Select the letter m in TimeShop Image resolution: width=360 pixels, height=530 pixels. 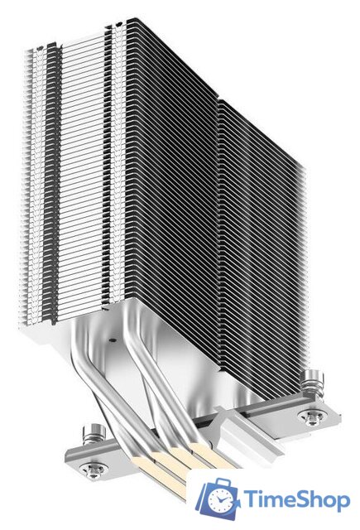click(x=274, y=500)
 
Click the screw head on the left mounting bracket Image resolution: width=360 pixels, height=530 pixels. click(x=94, y=469)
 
